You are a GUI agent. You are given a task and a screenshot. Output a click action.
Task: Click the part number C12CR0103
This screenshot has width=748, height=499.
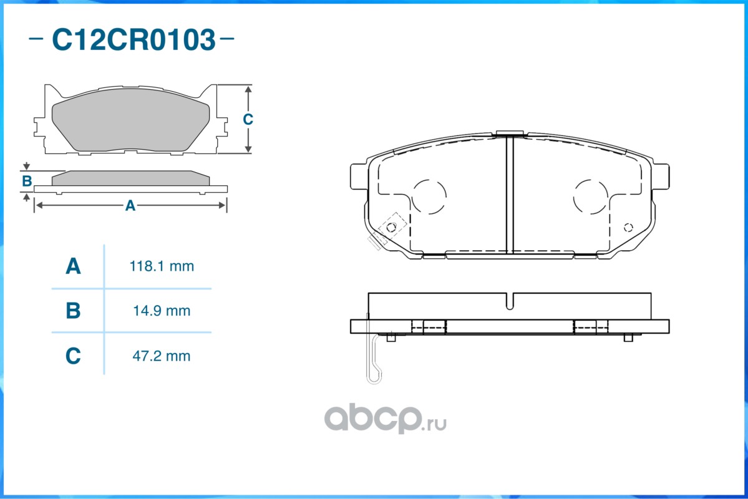pos(133,40)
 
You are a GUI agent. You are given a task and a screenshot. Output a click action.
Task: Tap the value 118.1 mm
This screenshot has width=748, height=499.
pos(162,266)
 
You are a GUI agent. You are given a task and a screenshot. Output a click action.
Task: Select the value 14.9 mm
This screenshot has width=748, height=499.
pos(162,310)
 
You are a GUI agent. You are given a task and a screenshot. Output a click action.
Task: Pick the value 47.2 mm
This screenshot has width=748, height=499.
pos(162,356)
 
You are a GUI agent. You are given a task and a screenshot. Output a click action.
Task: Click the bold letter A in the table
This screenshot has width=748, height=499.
pos(73,266)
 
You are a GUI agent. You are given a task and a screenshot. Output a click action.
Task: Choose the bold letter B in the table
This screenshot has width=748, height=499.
pos(73,310)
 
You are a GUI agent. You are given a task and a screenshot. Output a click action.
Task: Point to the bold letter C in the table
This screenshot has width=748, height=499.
pos(73,356)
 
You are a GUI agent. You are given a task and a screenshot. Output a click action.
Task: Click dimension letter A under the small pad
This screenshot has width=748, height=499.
pos(130,205)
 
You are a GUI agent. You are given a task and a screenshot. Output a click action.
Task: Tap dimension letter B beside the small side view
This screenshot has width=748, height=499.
pos(27,182)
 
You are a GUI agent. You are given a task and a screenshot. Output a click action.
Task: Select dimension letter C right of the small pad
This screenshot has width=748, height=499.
pos(248,119)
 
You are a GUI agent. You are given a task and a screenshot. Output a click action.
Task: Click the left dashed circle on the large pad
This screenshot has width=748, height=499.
pos(430,196)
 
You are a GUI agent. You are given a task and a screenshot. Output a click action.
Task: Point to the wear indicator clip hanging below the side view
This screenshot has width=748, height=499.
pos(374,362)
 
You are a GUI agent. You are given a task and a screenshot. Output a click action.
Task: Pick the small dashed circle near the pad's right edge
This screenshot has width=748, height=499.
pos(628,226)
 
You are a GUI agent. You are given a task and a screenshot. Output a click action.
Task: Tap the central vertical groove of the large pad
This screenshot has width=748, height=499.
pos(509,193)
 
